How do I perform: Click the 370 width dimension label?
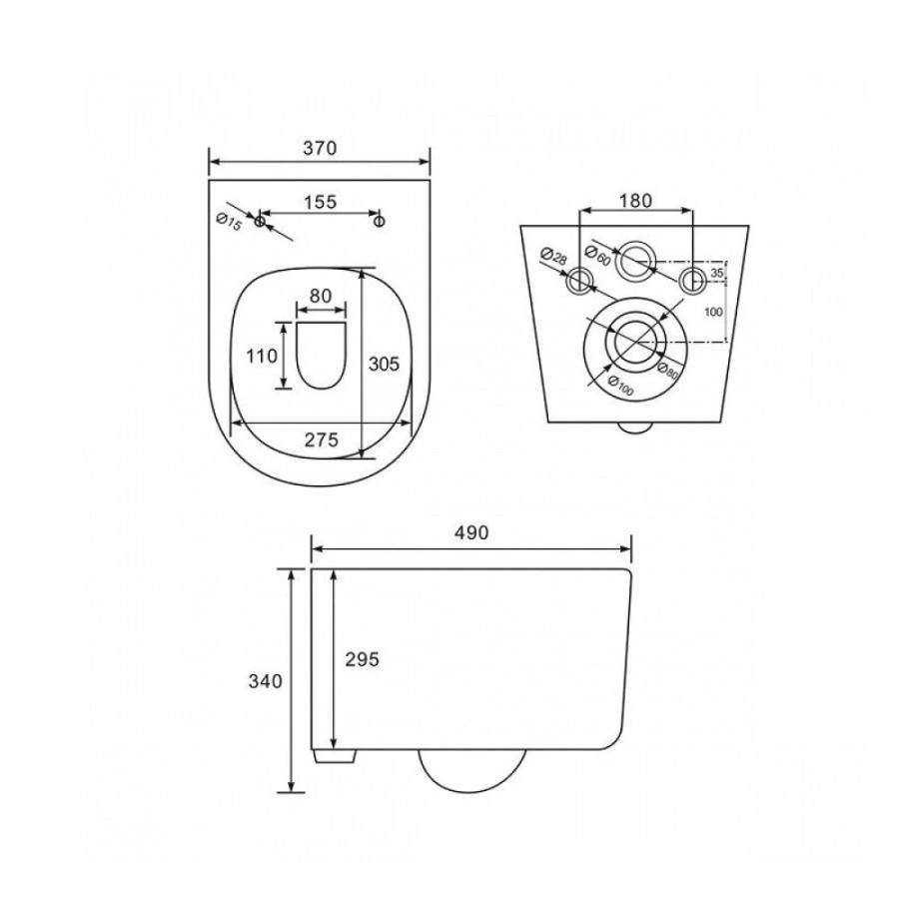[320, 148]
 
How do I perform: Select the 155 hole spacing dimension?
[320, 202]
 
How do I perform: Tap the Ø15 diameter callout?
[229, 222]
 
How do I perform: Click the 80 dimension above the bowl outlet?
[321, 296]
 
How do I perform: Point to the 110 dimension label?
[262, 356]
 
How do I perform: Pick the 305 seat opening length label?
[384, 364]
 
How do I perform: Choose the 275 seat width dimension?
[321, 440]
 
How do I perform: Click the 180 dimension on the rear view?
[636, 200]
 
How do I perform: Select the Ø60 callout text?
[596, 254]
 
